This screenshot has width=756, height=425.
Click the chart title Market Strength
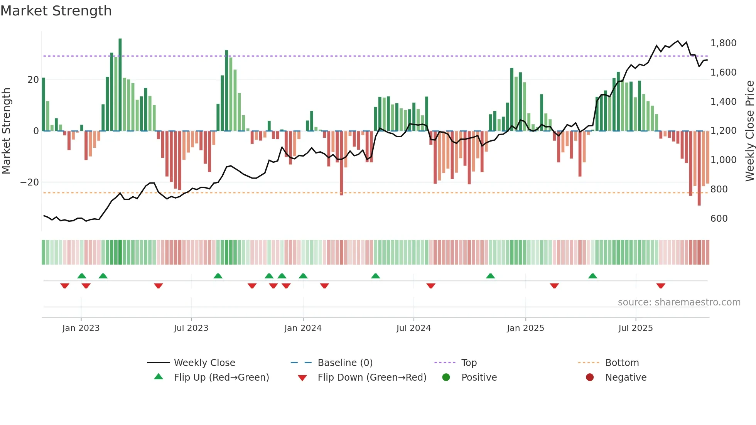(56, 11)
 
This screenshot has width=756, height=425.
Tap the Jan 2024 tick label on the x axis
(303, 328)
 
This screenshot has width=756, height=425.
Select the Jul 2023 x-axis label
(191, 328)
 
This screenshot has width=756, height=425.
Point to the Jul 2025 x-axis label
(635, 328)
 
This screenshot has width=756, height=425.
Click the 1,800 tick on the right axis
(723, 43)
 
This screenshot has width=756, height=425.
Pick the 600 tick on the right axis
(719, 219)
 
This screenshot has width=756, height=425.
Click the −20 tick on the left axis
(30, 182)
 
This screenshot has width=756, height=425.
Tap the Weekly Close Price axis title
(749, 131)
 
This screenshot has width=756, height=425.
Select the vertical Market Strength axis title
(7, 131)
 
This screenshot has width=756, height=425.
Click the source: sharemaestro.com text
(679, 302)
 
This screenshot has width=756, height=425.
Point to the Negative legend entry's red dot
(590, 378)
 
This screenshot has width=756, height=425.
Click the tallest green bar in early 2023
(120, 85)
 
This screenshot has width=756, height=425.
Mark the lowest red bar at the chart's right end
(699, 168)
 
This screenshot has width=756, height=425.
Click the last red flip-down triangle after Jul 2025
(661, 286)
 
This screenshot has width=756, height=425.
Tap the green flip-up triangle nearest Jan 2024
(303, 276)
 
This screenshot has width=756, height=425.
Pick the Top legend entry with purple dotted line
(469, 363)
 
